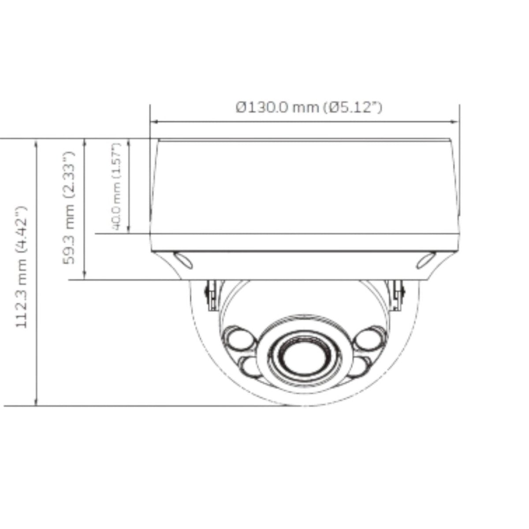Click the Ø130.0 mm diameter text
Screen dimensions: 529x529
click(277, 107)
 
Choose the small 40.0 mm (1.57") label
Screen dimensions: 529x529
click(116, 186)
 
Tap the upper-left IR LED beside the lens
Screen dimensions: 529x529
click(239, 339)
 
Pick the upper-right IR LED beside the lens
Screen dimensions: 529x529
click(371, 339)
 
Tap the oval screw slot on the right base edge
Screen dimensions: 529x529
click(426, 260)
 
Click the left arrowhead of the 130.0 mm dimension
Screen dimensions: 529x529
click(153, 122)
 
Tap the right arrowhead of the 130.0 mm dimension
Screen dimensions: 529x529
click(456, 122)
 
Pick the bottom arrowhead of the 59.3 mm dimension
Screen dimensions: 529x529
click(85, 276)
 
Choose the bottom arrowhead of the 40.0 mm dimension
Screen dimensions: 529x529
click(128, 229)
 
